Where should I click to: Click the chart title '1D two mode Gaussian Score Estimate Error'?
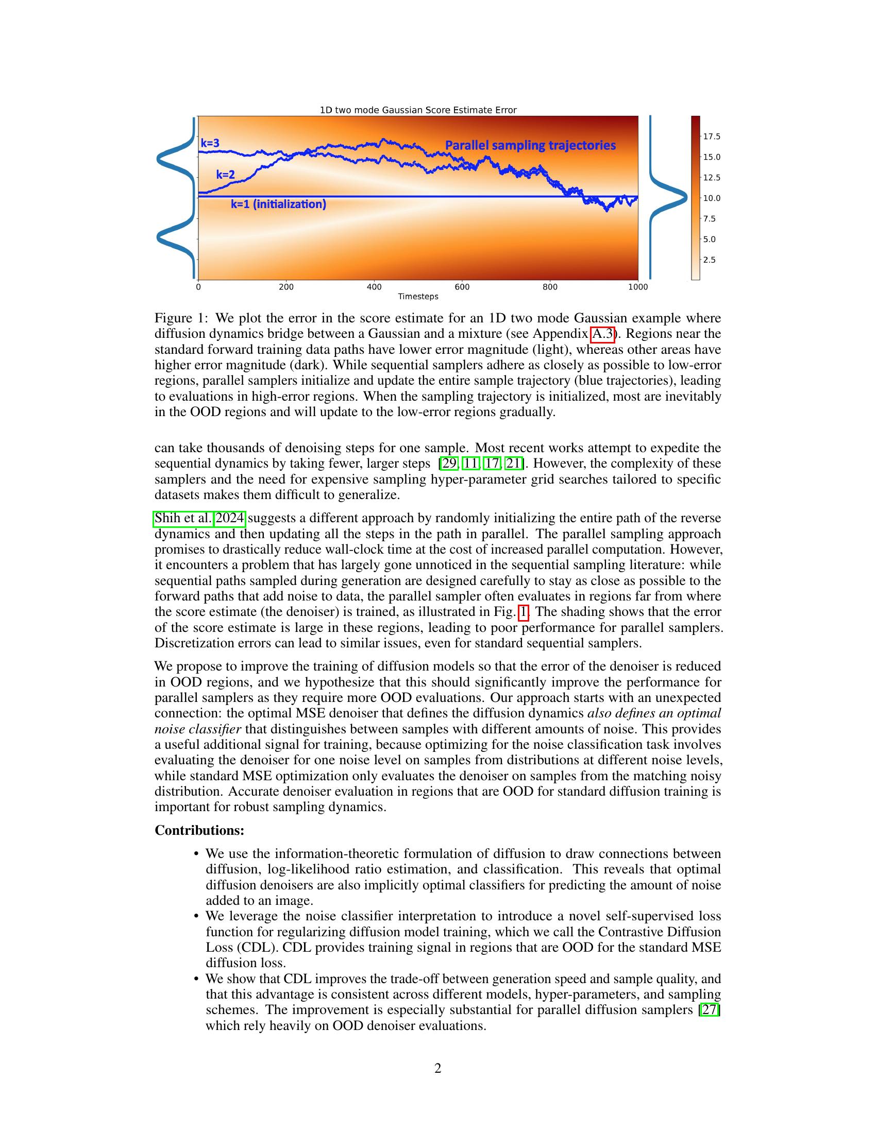(x=418, y=110)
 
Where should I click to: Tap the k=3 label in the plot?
(x=210, y=143)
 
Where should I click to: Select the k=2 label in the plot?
(x=225, y=175)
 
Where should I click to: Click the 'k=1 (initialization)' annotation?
(x=278, y=204)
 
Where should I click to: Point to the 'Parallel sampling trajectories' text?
(x=530, y=145)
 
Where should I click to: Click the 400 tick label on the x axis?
(x=374, y=287)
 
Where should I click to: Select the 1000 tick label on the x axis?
(x=638, y=287)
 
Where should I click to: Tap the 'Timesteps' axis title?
(x=418, y=297)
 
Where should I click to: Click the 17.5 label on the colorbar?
(x=712, y=136)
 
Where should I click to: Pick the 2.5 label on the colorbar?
(x=709, y=260)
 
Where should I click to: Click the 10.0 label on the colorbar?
(x=712, y=198)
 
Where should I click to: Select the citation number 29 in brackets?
(x=447, y=463)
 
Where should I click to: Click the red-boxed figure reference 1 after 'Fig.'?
(x=524, y=612)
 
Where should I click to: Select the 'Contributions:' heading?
(x=199, y=830)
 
